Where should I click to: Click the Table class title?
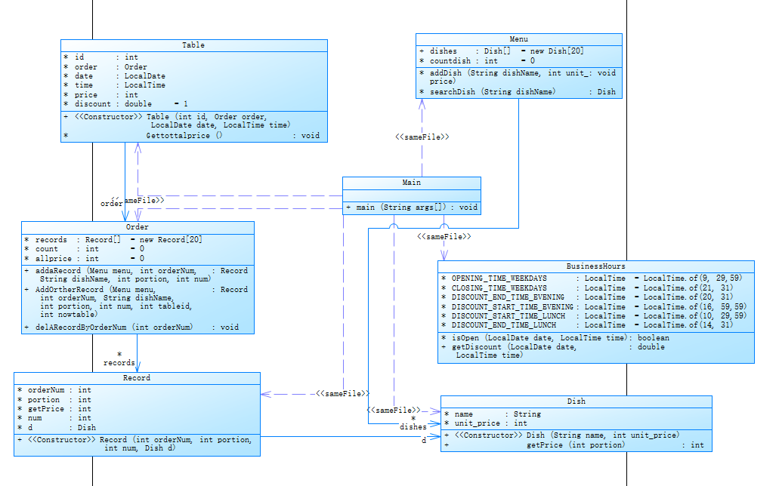click(x=193, y=45)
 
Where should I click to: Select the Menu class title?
click(x=518, y=39)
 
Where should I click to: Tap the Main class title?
click(x=411, y=183)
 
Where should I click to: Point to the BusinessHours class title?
click(x=595, y=266)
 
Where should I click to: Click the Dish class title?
click(x=576, y=401)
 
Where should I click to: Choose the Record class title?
click(x=137, y=378)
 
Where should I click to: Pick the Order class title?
click(x=138, y=227)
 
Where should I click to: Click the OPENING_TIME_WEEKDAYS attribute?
click(x=499, y=278)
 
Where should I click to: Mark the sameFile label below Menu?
click(x=422, y=137)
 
